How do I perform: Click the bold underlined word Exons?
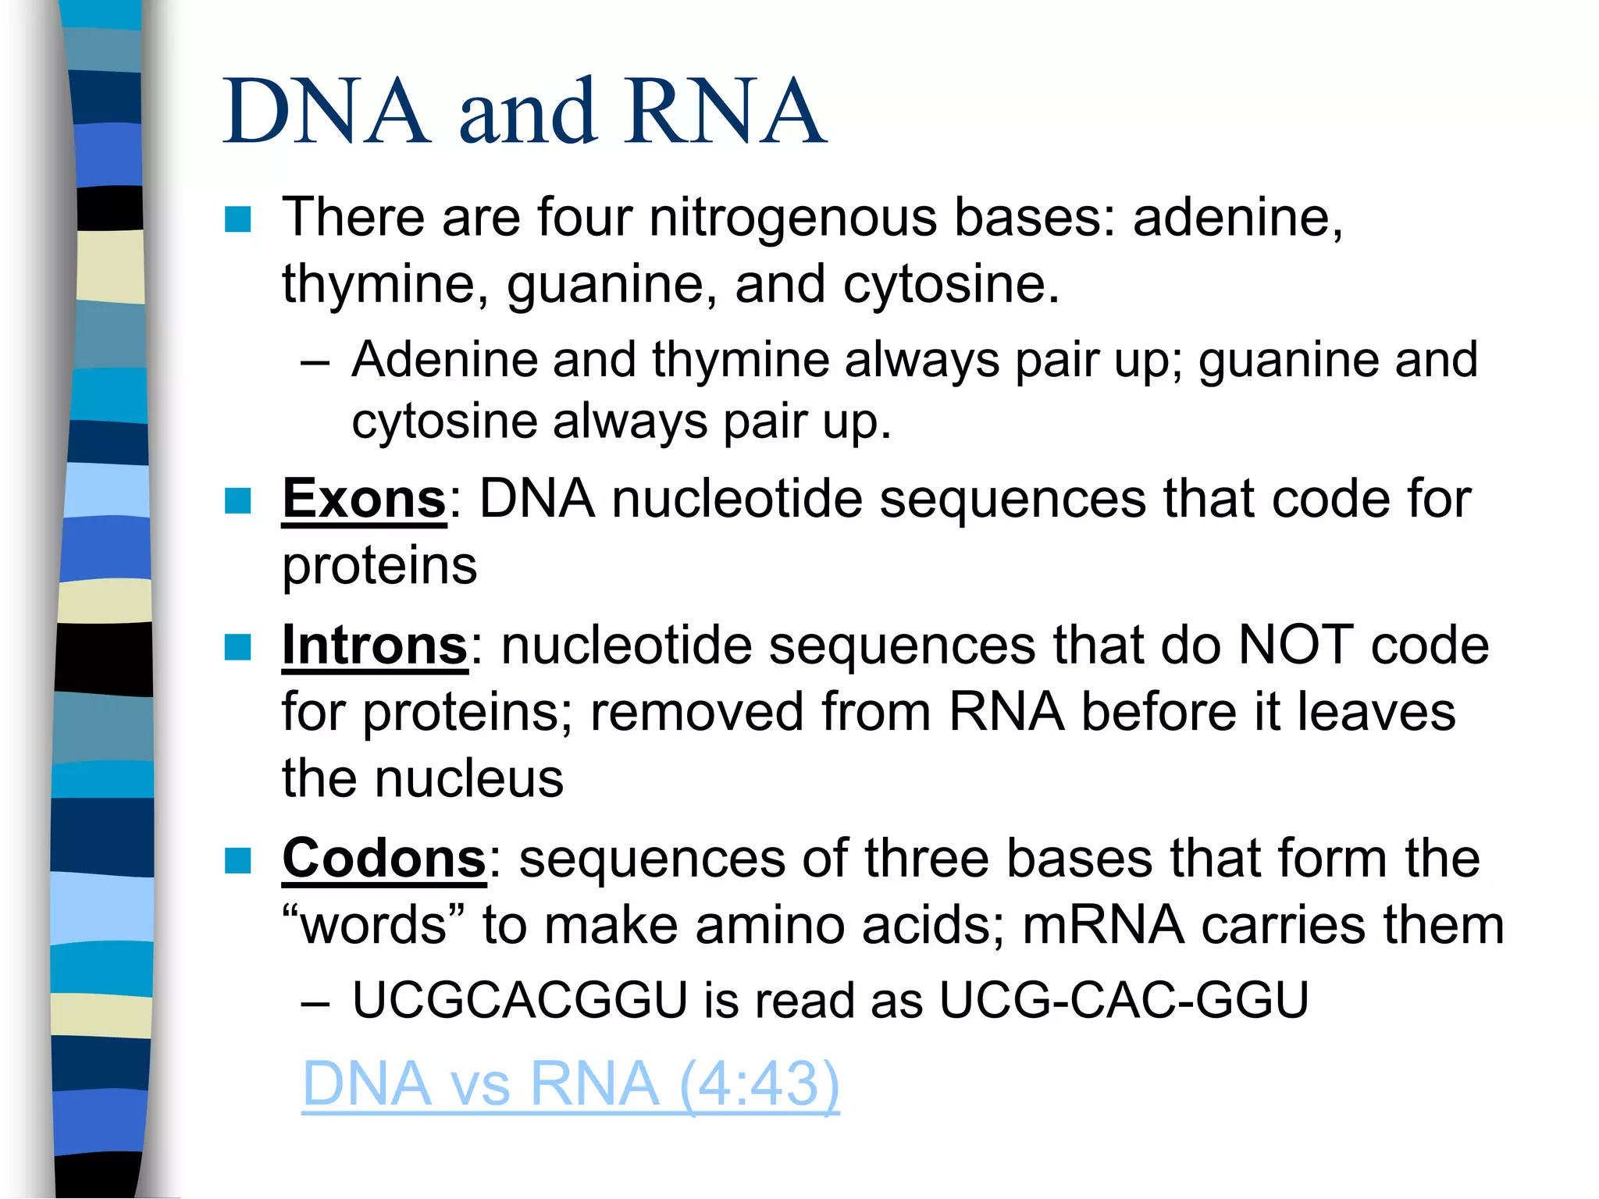pos(364,499)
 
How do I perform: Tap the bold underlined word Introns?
pos(375,646)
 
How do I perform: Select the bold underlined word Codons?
pos(384,859)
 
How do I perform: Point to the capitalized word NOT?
pos(1296,646)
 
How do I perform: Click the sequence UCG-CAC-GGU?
pos(1124,1000)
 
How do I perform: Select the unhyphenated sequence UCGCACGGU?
pos(519,1000)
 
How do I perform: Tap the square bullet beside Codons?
pos(237,860)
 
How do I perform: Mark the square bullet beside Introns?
pos(237,647)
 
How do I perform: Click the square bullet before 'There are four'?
pos(237,219)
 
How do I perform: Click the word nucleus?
pos(468,779)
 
